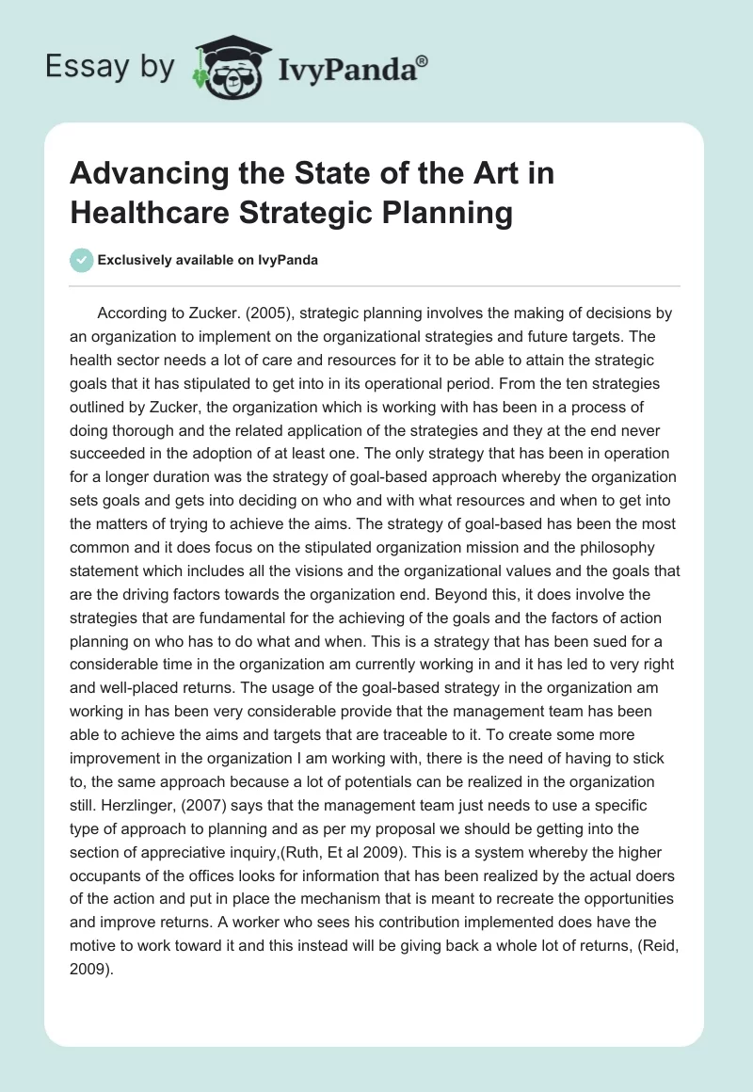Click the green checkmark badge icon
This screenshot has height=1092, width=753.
click(82, 260)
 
